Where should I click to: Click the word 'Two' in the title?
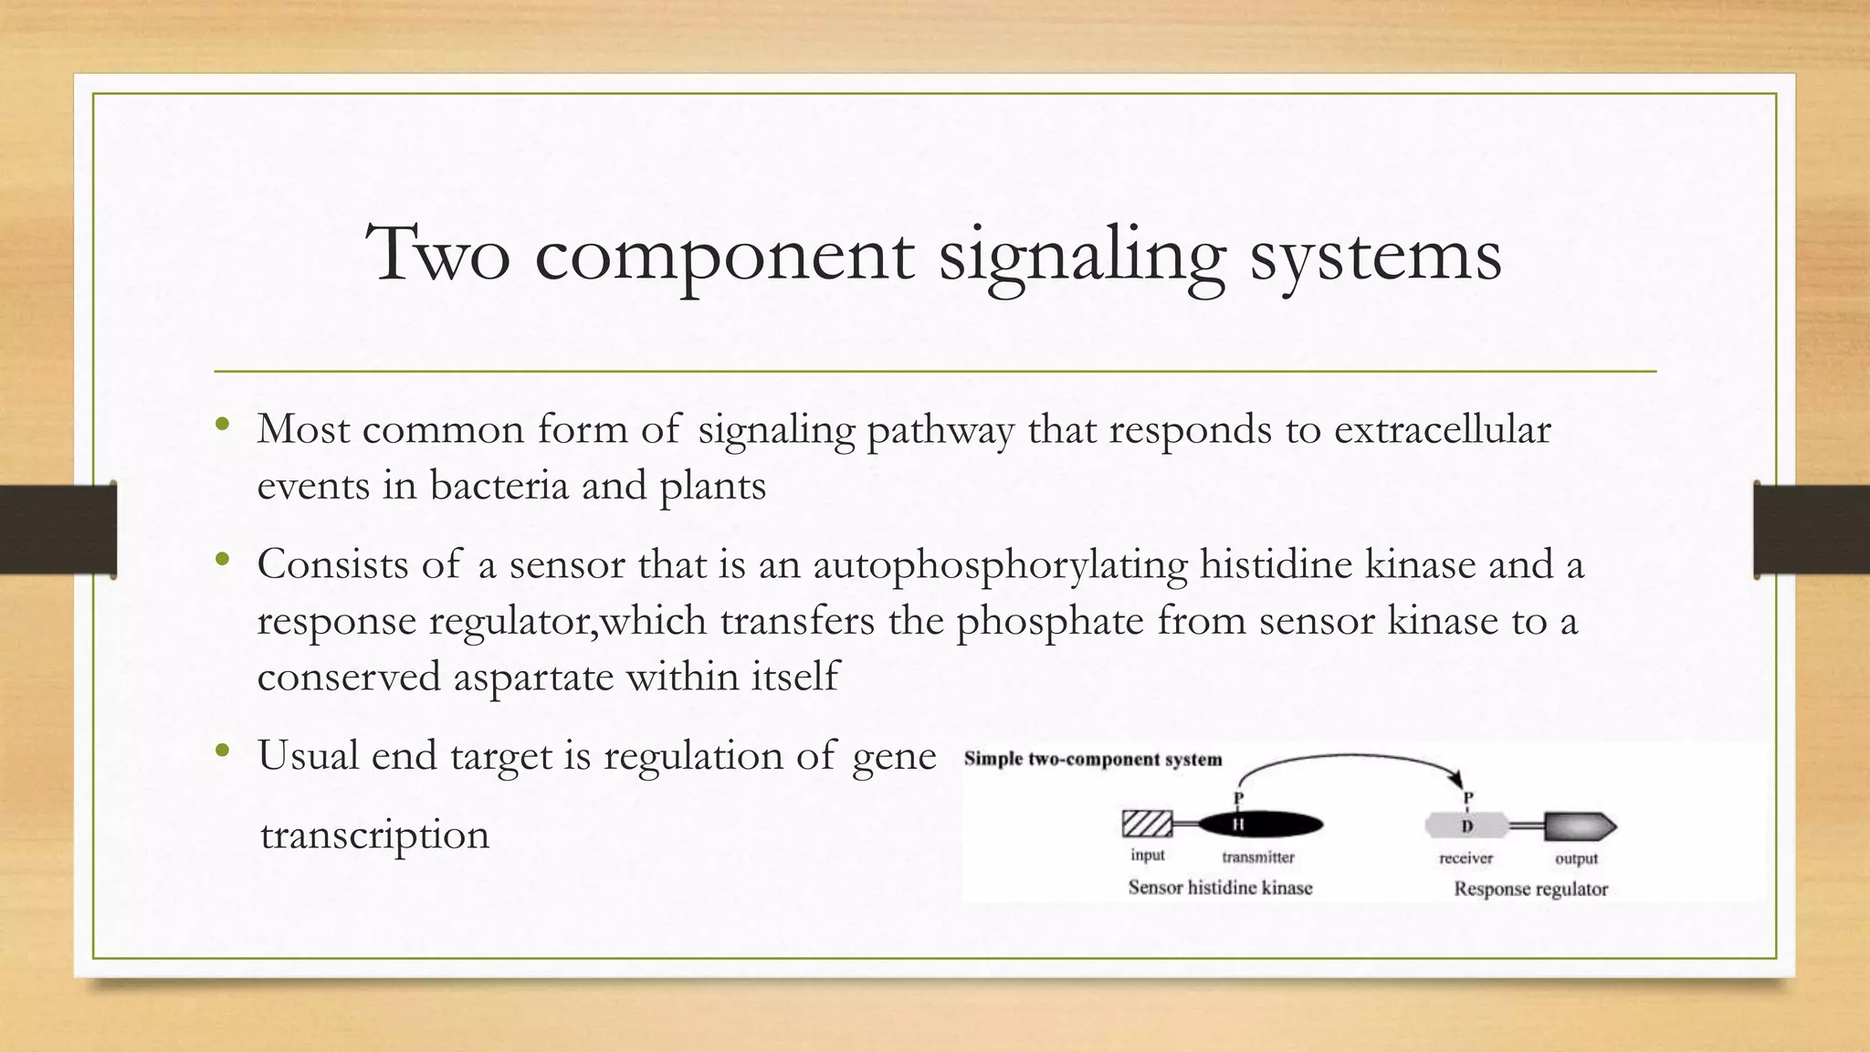[x=437, y=254]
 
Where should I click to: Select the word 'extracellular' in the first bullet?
[x=1442, y=429]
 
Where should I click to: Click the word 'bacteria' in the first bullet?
[x=499, y=485]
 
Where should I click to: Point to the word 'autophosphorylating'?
[x=1000, y=564]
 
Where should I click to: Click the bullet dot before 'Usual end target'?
[x=223, y=752]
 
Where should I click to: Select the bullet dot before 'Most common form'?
[x=223, y=425]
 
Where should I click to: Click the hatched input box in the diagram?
[x=1147, y=825]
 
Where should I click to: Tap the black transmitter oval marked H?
[x=1260, y=826]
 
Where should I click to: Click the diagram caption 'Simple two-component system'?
[x=1092, y=760]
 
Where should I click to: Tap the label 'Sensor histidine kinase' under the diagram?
[x=1220, y=888]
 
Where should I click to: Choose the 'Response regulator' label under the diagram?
[x=1530, y=889]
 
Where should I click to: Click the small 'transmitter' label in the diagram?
[x=1258, y=857]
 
